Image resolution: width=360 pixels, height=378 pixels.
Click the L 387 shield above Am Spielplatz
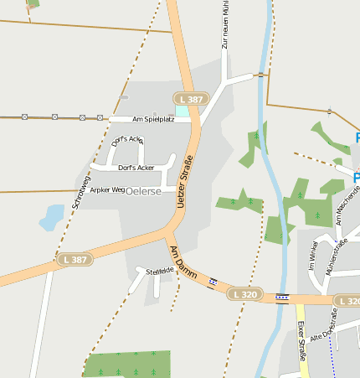(191, 99)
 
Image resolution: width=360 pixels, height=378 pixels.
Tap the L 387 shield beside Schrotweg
(75, 261)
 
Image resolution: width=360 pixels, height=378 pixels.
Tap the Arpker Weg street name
(107, 190)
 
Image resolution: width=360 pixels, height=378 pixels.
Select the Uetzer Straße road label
(185, 180)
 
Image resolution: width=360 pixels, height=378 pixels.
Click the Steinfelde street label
(159, 272)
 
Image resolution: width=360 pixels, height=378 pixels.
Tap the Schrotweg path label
(80, 190)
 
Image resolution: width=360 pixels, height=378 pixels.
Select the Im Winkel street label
(312, 255)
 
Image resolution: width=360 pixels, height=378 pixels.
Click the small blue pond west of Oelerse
(51, 218)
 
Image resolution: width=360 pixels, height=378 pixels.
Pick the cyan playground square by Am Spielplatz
(182, 110)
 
